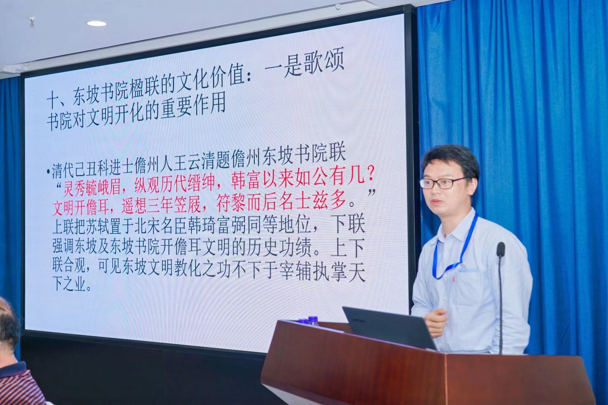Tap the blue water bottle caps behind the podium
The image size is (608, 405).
tap(307, 321)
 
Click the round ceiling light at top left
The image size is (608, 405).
tap(97, 23)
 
